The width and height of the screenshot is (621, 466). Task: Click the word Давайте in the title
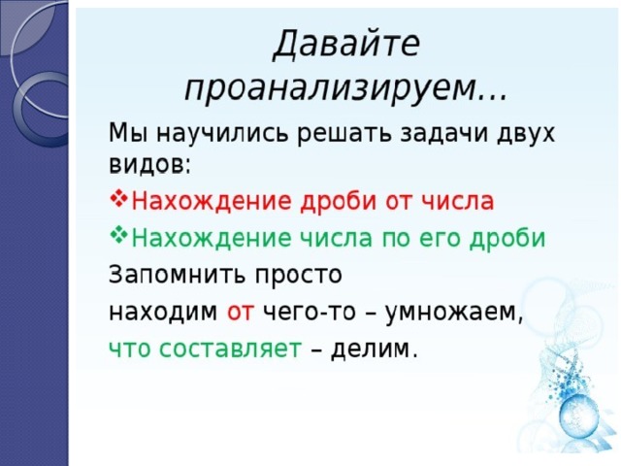(346, 44)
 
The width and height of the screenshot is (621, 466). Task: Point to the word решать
(343, 134)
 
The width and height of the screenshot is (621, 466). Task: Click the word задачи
(443, 134)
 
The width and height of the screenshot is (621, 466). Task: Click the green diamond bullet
(118, 235)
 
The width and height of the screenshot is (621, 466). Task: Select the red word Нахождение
(212, 201)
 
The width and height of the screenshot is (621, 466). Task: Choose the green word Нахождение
(212, 238)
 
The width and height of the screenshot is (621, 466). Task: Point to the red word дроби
(338, 201)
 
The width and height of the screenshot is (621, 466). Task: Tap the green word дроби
(507, 238)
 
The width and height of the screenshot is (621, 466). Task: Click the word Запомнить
(178, 274)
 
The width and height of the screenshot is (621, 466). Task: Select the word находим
(163, 312)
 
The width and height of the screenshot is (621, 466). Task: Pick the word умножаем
(454, 313)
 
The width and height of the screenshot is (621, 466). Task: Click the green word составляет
(230, 349)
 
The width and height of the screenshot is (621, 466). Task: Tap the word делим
(374, 349)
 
